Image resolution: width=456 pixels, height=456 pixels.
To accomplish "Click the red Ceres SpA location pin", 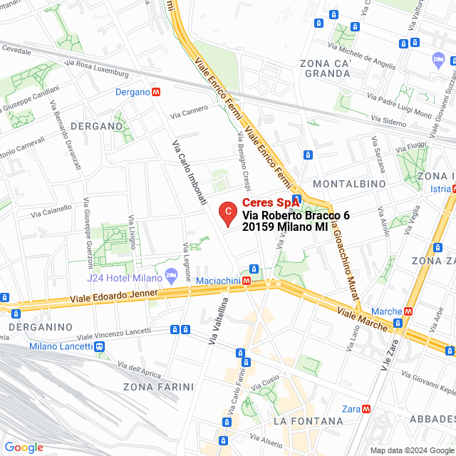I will [227, 213].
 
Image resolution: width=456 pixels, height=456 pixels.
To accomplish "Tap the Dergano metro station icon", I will [155, 92].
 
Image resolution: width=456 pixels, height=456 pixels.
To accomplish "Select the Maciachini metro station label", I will [218, 281].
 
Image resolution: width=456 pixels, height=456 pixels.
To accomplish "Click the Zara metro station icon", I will [366, 409].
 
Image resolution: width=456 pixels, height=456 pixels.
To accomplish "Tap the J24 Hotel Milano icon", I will [171, 275].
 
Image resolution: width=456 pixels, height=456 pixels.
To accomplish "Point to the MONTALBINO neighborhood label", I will [349, 184].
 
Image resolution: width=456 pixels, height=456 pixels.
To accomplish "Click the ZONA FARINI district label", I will [158, 387].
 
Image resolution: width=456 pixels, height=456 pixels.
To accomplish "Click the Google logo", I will [24, 447].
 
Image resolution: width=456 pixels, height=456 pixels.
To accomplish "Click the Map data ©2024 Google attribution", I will [412, 450].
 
